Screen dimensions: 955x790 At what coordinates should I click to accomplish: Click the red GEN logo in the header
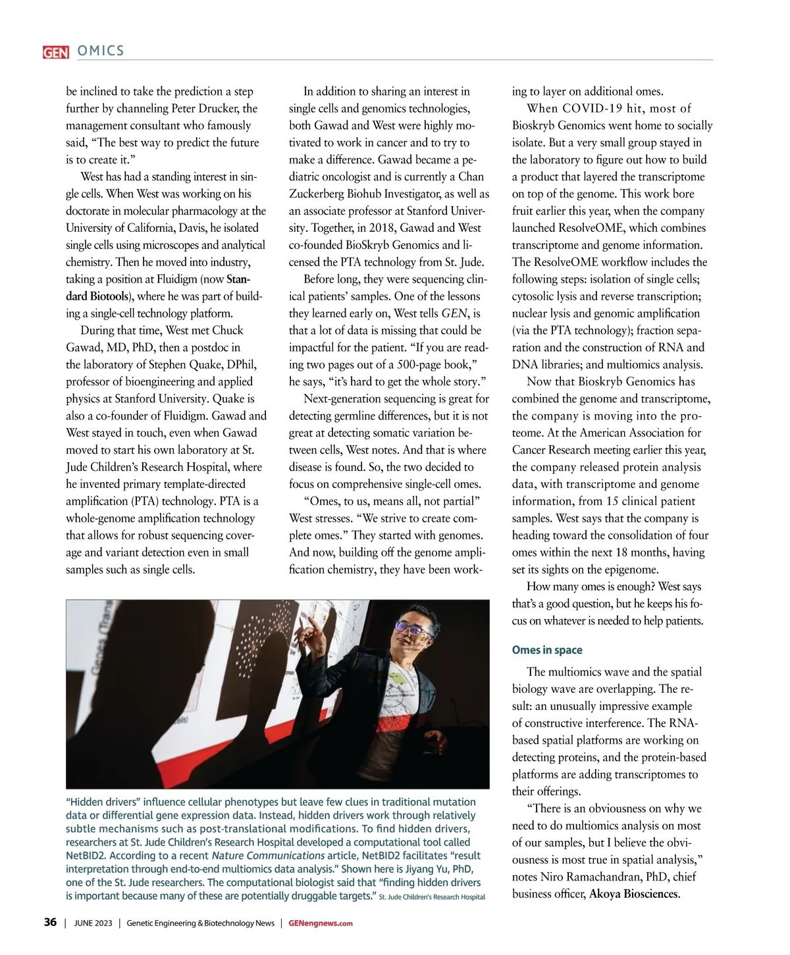click(56, 51)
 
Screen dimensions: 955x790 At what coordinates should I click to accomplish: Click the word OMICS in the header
click(101, 51)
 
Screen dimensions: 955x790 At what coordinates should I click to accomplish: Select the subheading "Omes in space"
click(547, 650)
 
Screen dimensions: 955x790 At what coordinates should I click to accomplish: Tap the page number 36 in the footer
click(50, 922)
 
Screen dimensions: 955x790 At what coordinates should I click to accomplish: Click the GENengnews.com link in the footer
click(321, 923)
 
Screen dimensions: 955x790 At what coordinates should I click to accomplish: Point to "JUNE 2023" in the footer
click(93, 923)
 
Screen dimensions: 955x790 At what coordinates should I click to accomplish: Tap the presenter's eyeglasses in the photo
click(412, 628)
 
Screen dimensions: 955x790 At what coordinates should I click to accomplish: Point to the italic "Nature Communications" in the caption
click(268, 856)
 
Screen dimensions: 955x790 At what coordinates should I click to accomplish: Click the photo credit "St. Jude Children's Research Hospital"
click(432, 897)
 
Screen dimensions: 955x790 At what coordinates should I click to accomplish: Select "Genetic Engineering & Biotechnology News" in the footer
click(200, 923)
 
